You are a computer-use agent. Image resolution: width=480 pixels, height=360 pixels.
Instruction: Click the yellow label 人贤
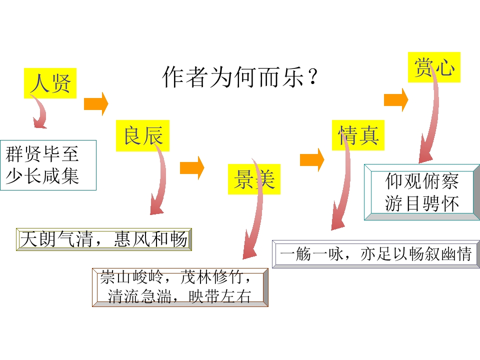[x=50, y=83]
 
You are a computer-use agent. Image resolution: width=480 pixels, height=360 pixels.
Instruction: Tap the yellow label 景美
[x=254, y=179]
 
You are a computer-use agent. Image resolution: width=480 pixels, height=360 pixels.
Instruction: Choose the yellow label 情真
[x=358, y=135]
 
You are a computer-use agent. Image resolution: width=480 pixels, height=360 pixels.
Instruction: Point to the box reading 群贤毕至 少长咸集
[x=48, y=165]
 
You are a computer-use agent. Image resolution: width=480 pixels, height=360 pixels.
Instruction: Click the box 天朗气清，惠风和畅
[x=104, y=239]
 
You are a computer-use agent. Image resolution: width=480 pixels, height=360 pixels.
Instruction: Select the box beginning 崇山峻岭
[x=180, y=287]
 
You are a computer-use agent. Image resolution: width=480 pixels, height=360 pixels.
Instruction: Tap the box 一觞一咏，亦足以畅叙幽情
[x=375, y=254]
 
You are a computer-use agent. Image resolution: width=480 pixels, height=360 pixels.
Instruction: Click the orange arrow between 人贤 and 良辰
[x=96, y=104]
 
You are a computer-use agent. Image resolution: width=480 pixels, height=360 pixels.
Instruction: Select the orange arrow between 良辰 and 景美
[x=192, y=167]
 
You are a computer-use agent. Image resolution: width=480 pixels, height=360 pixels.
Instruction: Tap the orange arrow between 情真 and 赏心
[x=396, y=99]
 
